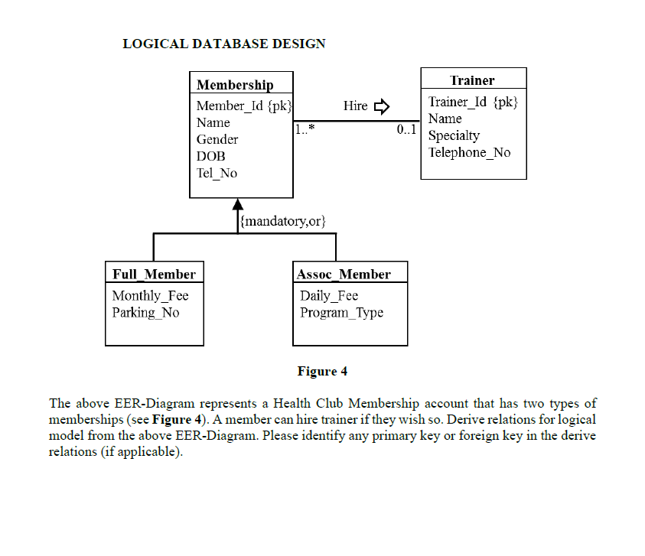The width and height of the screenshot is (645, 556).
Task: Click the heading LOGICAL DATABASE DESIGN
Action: click(x=223, y=44)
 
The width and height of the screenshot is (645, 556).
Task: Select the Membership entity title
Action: click(x=234, y=85)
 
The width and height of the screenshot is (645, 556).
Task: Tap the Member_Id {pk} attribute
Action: click(x=244, y=106)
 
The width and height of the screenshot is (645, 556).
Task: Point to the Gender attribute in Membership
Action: click(x=217, y=139)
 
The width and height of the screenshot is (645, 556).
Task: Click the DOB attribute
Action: click(x=210, y=156)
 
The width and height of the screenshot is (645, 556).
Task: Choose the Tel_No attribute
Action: click(x=217, y=173)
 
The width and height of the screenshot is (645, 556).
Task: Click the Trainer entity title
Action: click(x=472, y=80)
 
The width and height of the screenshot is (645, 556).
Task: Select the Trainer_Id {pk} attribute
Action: click(x=473, y=102)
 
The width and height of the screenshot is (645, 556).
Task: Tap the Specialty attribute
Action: click(x=454, y=135)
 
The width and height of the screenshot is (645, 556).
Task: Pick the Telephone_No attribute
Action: click(x=469, y=152)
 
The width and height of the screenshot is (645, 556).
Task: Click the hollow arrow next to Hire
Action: click(x=382, y=106)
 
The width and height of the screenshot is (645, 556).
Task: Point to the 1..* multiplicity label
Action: click(x=305, y=131)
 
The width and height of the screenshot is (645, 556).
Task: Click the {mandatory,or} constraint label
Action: click(x=283, y=222)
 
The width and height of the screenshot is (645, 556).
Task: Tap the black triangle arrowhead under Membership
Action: click(x=238, y=204)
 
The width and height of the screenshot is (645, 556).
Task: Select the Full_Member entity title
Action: click(x=154, y=274)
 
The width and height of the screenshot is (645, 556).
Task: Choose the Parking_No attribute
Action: click(x=145, y=312)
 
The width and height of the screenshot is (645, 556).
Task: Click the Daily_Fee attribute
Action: click(x=329, y=295)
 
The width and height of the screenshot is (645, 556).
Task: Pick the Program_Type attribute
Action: click(x=341, y=312)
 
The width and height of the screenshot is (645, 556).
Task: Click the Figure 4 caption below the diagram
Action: click(x=322, y=372)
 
